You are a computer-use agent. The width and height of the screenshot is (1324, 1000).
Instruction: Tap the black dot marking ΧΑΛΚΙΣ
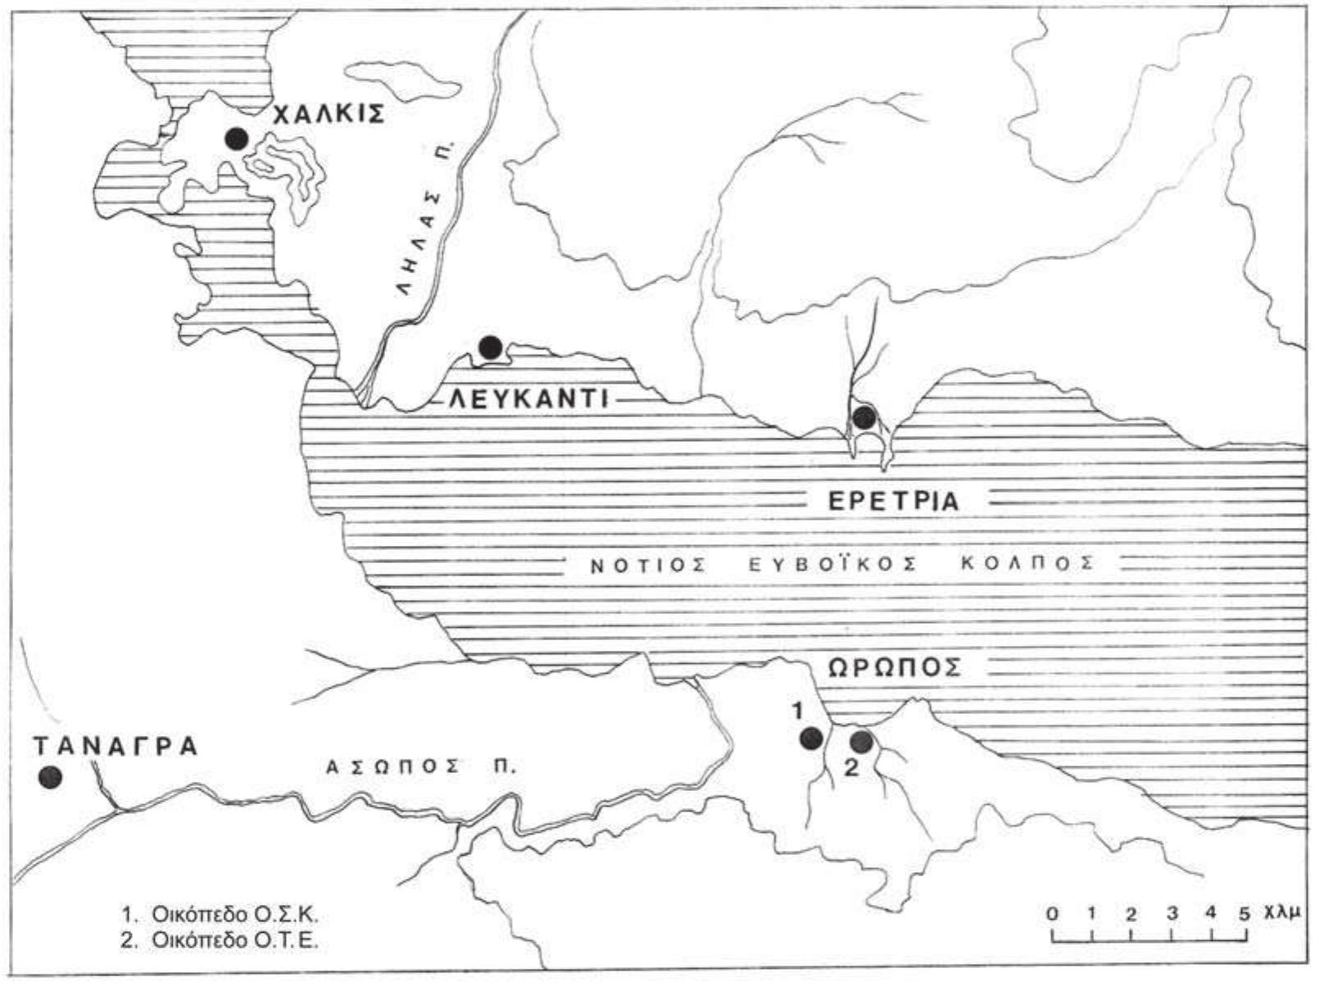click(x=237, y=139)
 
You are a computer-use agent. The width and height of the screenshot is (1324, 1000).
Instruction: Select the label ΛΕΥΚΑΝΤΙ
click(x=528, y=400)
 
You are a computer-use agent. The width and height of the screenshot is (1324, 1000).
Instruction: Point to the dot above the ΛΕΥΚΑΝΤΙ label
click(x=490, y=348)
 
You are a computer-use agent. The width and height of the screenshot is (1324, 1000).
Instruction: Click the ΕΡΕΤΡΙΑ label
click(x=893, y=501)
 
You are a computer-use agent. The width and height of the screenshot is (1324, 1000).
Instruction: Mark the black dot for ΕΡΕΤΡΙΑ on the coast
click(x=864, y=418)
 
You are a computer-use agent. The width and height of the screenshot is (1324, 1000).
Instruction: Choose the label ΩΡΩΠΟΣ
click(x=893, y=667)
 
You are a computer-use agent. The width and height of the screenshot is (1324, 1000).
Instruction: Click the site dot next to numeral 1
click(x=811, y=738)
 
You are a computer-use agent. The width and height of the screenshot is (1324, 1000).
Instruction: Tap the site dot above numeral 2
click(x=861, y=741)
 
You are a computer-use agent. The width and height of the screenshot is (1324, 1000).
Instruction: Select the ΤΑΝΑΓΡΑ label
click(x=116, y=747)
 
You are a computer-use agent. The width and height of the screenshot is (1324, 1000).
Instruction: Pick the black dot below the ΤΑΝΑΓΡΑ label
click(x=51, y=777)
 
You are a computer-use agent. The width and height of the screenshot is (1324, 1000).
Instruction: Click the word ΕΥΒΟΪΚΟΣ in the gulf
click(x=841, y=564)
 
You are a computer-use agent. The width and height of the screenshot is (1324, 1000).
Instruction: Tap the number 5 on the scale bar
click(x=1245, y=914)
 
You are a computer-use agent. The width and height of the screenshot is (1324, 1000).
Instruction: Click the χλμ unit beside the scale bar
click(x=1282, y=914)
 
